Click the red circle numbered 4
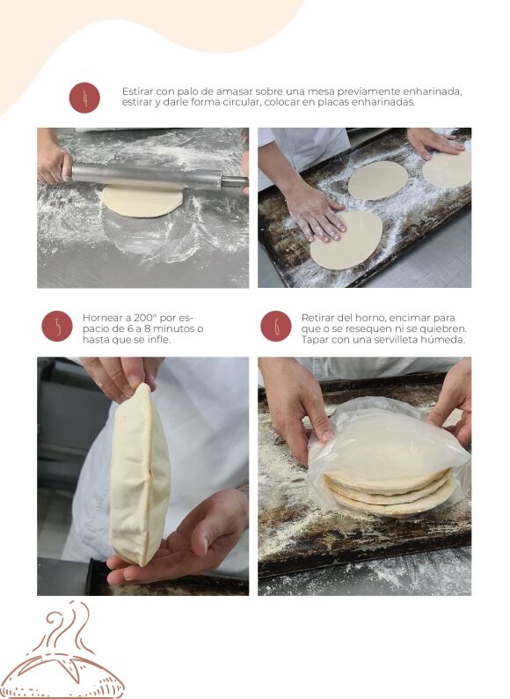pyautogui.click(x=84, y=98)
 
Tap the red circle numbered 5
pyautogui.click(x=57, y=326)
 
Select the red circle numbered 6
pyautogui.click(x=276, y=326)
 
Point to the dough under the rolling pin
pyautogui.click(x=142, y=202)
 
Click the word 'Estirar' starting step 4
pyautogui.click(x=138, y=92)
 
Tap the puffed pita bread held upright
pyautogui.click(x=140, y=474)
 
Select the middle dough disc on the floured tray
pyautogui.click(x=378, y=180)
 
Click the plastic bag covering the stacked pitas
pyautogui.click(x=389, y=456)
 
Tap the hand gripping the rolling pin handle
pyautogui.click(x=55, y=165)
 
